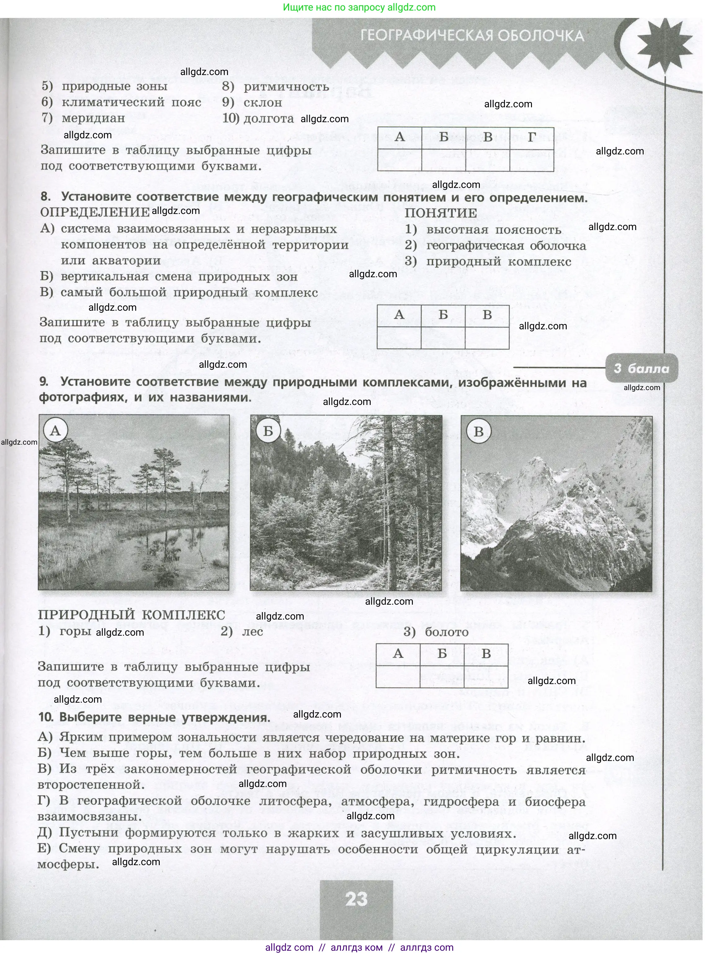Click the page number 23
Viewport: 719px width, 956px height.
pos(356,899)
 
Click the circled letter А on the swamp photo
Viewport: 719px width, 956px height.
pos(55,430)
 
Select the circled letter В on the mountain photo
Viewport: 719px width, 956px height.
pos(479,432)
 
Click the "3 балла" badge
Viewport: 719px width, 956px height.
pos(641,368)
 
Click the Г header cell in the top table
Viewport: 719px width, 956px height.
pos(532,137)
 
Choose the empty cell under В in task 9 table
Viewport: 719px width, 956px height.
pos(486,676)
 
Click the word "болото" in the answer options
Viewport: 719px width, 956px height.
pos(447,632)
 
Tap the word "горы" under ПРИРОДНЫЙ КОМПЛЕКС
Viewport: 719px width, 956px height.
pos(75,631)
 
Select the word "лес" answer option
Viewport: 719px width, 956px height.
pos(252,631)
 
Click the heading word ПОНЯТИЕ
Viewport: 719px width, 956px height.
pos(440,213)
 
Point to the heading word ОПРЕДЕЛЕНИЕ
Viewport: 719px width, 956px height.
pos(95,212)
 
